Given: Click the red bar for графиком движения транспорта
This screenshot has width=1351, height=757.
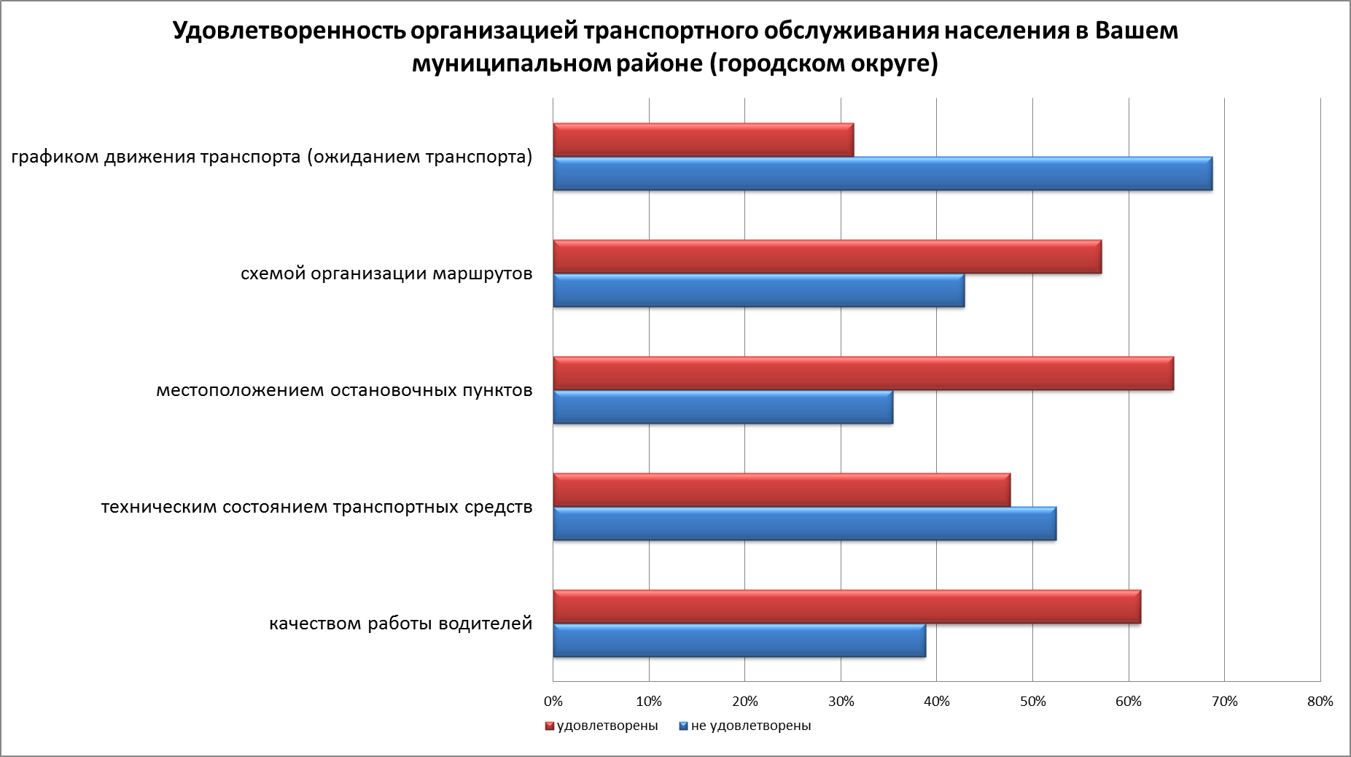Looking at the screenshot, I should click(x=703, y=140).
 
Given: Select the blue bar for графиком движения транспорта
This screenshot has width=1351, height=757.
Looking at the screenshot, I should click(x=882, y=174).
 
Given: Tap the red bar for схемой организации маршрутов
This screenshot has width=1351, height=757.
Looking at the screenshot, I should click(x=827, y=257).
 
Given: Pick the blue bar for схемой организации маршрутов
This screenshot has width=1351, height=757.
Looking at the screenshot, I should click(x=758, y=290).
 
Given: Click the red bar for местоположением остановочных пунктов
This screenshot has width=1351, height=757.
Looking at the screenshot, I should click(x=863, y=373).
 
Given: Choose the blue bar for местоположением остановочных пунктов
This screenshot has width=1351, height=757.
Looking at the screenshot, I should click(x=723, y=407).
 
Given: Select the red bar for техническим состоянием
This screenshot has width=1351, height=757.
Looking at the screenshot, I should click(x=782, y=490).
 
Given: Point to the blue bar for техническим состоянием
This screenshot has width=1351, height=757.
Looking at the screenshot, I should click(x=804, y=524).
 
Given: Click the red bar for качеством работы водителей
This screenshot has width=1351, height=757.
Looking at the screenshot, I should click(x=846, y=607).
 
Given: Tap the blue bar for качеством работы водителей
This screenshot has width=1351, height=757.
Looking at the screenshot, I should click(x=739, y=640).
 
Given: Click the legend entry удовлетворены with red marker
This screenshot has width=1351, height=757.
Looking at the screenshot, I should click(x=601, y=726).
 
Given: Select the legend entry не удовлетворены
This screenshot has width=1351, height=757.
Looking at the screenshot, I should click(x=744, y=726).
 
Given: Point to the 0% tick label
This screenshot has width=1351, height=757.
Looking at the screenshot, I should click(x=553, y=702).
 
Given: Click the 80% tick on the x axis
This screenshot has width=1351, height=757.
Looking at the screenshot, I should click(x=1320, y=702).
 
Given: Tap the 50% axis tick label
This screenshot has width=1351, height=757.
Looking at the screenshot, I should click(x=1032, y=702).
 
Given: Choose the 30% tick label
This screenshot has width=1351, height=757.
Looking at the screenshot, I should click(x=841, y=702).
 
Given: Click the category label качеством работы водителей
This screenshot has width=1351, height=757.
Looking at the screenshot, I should click(x=400, y=624).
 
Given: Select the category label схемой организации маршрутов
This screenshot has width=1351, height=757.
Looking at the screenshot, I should click(x=386, y=274).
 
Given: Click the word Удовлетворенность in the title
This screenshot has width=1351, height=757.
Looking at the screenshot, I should click(x=289, y=31).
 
